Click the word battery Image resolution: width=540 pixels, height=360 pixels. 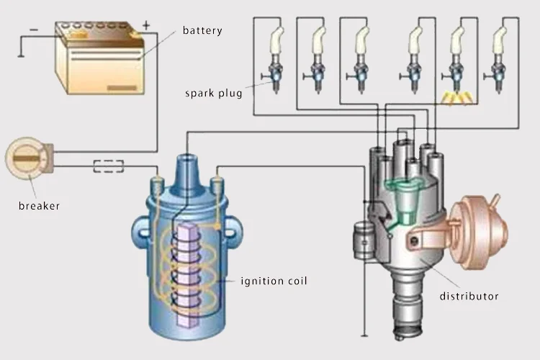pyautogui.click(x=202, y=31)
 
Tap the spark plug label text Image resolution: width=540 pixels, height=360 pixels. pyautogui.click(x=214, y=94)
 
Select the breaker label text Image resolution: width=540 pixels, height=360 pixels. pyautogui.click(x=39, y=206)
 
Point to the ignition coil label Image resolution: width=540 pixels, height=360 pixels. pyautogui.click(x=274, y=281)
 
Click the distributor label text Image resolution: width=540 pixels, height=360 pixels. pyautogui.click(x=469, y=296)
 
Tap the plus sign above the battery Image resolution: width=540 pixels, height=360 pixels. pyautogui.click(x=146, y=25)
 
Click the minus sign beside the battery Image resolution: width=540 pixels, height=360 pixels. pyautogui.click(x=34, y=30)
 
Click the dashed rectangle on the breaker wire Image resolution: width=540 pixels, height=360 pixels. pyautogui.click(x=109, y=166)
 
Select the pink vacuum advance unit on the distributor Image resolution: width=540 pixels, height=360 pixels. pyautogui.click(x=479, y=232)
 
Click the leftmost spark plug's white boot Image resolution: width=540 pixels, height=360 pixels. pyautogui.click(x=276, y=40)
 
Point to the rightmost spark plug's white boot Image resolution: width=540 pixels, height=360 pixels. pyautogui.click(x=500, y=40)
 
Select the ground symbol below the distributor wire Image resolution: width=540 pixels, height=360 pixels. pyautogui.click(x=364, y=336)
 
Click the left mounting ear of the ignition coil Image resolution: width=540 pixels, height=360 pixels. pyautogui.click(x=141, y=232)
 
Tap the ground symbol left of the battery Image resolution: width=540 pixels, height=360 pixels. pyautogui.click(x=21, y=55)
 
